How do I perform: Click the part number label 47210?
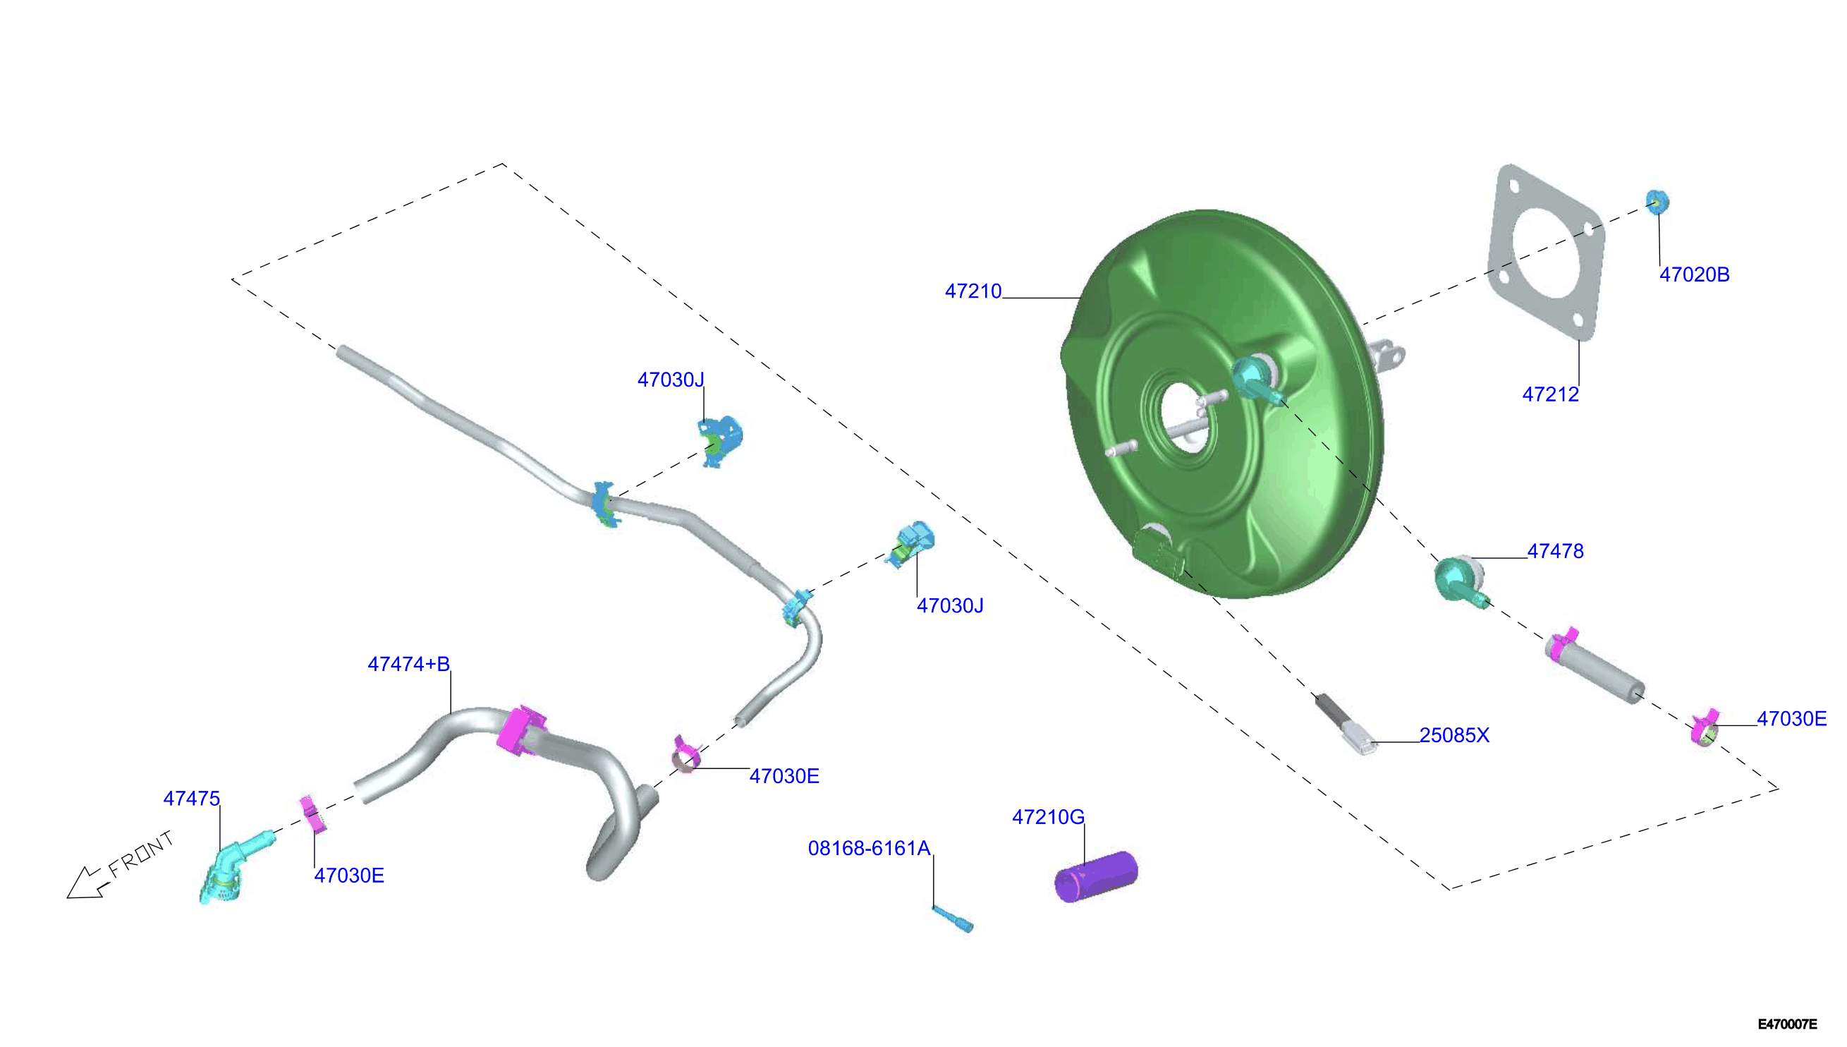coord(973,291)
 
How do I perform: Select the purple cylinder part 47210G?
coord(1096,876)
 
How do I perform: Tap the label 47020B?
coord(1694,274)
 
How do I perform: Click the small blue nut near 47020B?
coord(1657,202)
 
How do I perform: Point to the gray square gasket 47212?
coord(1545,252)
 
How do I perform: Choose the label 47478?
coord(1555,551)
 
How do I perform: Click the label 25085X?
coord(1454,735)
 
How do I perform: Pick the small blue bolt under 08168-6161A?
coord(952,919)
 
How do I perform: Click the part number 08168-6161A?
coord(869,849)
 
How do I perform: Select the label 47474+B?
coord(408,664)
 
